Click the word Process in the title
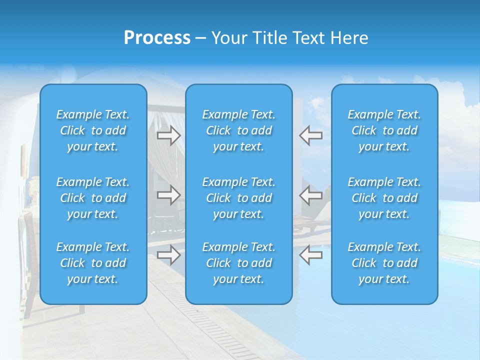point(157,38)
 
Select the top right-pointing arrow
point(169,135)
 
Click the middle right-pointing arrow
point(169,195)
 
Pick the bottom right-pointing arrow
point(169,255)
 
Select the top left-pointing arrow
point(310,135)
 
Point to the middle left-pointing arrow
point(310,195)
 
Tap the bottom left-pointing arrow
point(310,255)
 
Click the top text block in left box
point(93,130)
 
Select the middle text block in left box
point(93,198)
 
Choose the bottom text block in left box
point(93,263)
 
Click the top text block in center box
point(238,130)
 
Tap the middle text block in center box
point(238,198)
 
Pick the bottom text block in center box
point(238,263)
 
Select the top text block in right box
point(384,130)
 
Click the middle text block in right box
point(384,198)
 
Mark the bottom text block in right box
point(384,263)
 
